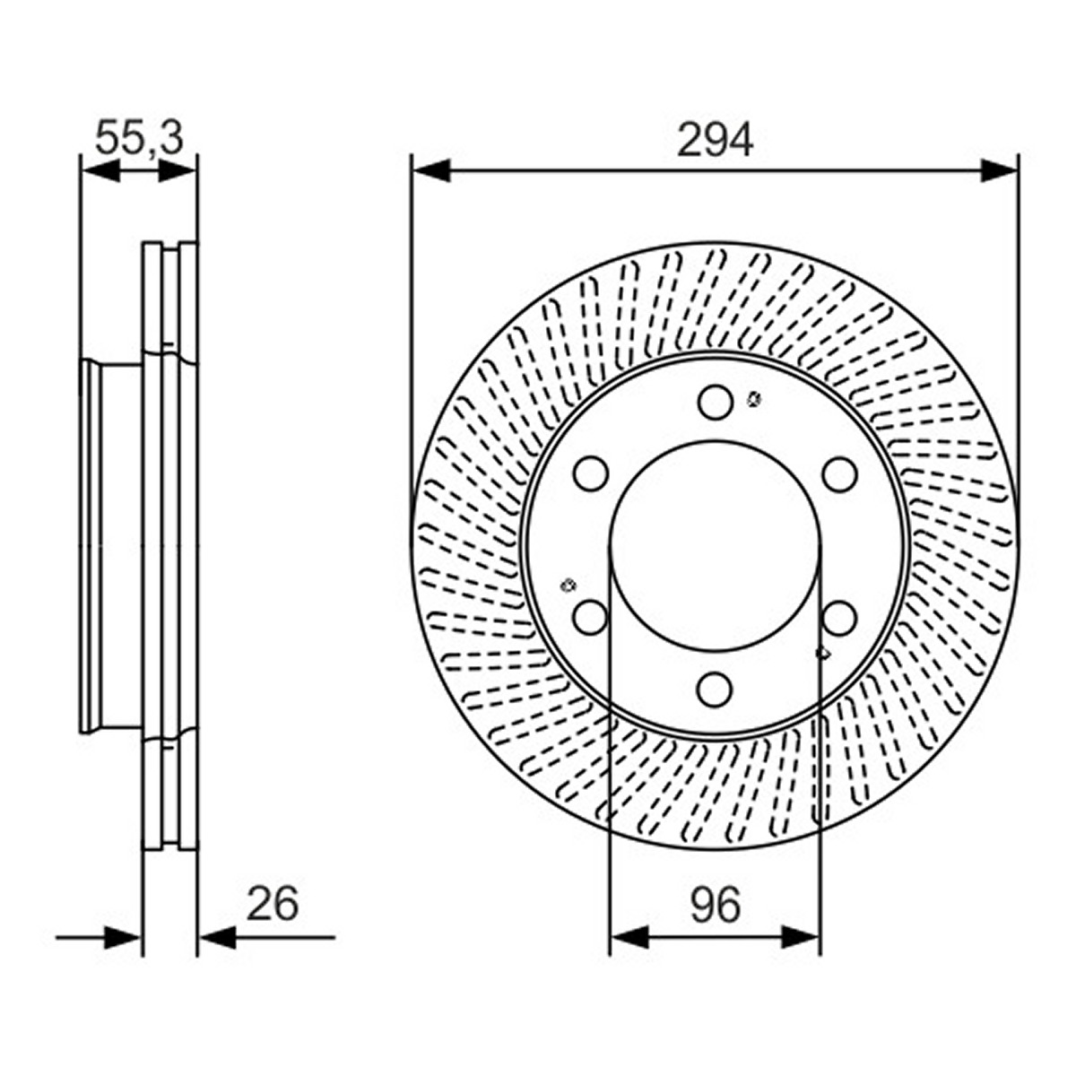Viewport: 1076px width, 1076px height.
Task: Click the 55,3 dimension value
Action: click(x=139, y=137)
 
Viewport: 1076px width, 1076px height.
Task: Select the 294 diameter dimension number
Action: click(x=715, y=140)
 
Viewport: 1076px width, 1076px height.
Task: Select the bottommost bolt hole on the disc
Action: click(x=716, y=689)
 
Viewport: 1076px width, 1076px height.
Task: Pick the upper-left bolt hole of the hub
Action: click(x=591, y=473)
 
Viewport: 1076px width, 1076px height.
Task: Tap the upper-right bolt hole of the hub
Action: click(x=839, y=473)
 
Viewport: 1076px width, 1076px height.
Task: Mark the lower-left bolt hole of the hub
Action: click(x=591, y=617)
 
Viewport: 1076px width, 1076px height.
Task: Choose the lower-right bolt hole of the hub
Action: click(x=839, y=617)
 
